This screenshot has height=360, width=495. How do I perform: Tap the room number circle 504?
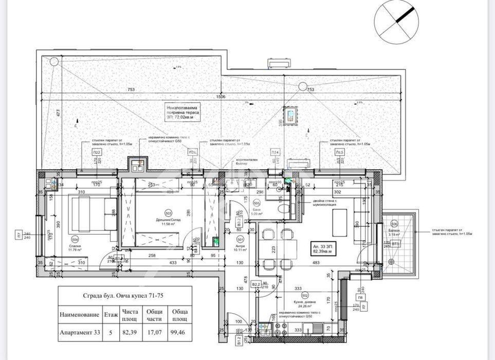coord(75,240)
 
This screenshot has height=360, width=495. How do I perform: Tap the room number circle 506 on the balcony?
coord(394,224)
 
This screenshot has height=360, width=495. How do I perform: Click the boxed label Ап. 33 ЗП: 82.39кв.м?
coord(327,250)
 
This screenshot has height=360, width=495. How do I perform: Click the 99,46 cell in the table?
coord(179,332)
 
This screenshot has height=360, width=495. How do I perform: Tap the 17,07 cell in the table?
coord(155,332)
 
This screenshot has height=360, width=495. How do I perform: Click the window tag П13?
coord(339,153)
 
